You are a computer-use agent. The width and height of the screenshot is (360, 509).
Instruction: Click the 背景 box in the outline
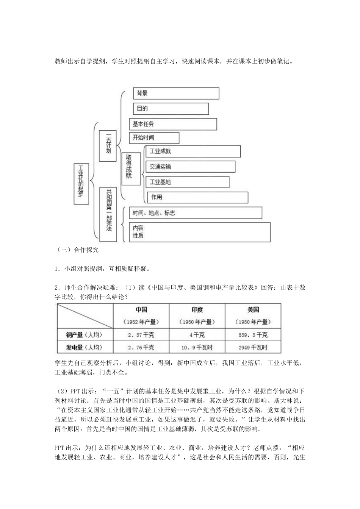pyautogui.click(x=176, y=93)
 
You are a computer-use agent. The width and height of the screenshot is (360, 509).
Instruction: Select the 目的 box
pyautogui.click(x=171, y=109)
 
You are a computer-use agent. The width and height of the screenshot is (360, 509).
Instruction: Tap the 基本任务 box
pyautogui.click(x=173, y=124)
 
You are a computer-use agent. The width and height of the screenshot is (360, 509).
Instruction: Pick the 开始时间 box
pyautogui.click(x=154, y=138)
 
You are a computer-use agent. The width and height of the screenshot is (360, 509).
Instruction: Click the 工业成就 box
pyautogui.click(x=193, y=151)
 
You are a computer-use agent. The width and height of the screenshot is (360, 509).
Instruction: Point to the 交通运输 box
pyautogui.click(x=190, y=167)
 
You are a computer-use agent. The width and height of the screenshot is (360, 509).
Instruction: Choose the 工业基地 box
pyautogui.click(x=187, y=182)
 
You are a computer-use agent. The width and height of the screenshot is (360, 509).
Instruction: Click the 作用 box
pyautogui.click(x=197, y=197)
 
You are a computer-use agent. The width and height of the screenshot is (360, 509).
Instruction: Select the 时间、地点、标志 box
pyautogui.click(x=195, y=213)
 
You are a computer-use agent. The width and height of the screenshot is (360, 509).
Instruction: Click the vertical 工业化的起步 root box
pyautogui.click(x=81, y=184)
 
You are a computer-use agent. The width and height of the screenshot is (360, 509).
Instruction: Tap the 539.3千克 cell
pyautogui.click(x=253, y=335)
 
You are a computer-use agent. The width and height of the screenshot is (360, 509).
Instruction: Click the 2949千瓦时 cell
pyautogui.click(x=253, y=347)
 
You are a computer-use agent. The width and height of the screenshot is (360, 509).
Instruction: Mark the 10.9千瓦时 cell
pyautogui.click(x=197, y=347)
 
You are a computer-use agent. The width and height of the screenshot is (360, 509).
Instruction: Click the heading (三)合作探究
pyautogui.click(x=77, y=250)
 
